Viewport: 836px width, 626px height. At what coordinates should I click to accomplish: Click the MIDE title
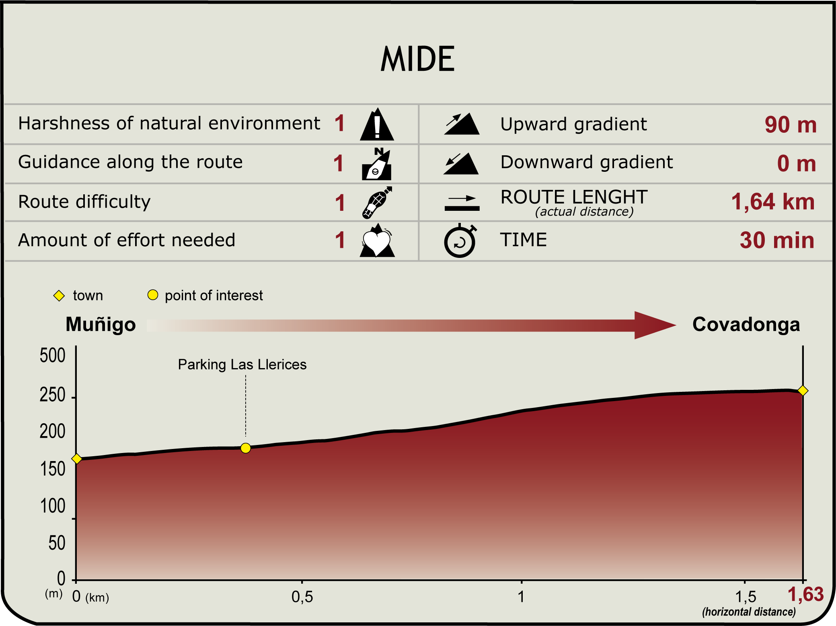pos(417,59)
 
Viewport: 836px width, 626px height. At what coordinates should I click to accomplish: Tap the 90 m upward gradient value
pos(790,124)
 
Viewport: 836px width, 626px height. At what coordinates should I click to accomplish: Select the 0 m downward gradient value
pos(796,163)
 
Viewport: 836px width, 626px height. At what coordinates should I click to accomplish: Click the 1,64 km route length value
pos(772,202)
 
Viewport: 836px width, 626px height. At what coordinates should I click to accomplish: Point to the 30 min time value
pos(777,240)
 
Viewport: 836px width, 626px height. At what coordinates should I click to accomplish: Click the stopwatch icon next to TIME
pos(460,240)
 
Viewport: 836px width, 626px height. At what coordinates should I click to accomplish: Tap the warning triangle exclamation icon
pos(377,124)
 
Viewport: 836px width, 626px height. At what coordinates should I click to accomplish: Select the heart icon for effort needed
pos(377,240)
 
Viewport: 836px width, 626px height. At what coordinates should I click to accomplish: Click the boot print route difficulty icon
pos(377,202)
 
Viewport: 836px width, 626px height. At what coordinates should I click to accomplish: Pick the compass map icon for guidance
pos(377,164)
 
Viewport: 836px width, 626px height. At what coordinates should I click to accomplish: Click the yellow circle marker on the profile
pos(246,448)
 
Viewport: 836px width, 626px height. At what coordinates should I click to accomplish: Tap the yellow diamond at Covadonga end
pos(803,391)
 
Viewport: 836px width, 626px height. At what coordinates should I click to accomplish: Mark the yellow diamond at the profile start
pos(77,459)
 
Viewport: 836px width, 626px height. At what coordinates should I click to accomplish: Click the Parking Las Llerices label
pos(242,364)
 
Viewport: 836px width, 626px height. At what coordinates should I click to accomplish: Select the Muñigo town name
pos(101,324)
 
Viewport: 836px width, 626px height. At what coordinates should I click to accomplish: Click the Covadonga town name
pos(746,324)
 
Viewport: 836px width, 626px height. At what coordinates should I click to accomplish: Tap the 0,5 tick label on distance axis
pos(302,597)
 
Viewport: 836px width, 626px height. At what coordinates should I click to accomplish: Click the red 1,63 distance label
pos(805,595)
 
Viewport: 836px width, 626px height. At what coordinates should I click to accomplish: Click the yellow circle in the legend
pos(153,295)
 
